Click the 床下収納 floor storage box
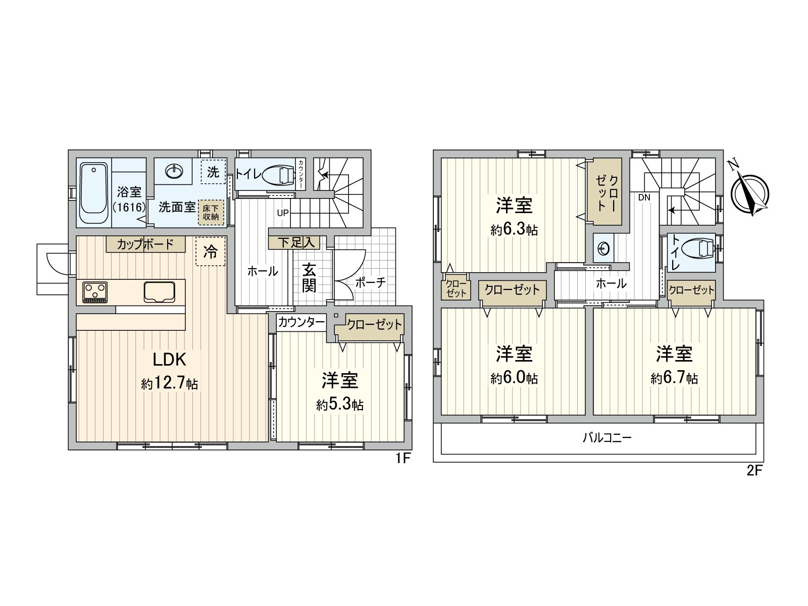211,212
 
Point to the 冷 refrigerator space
210,251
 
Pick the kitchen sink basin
160,291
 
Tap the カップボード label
145,244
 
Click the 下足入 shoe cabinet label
296,242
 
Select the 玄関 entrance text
309,278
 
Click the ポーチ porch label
370,282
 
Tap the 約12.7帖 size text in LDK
170,384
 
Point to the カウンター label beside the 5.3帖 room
301,322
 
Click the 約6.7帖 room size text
674,378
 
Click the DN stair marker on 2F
644,198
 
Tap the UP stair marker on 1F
283,213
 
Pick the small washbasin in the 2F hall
604,248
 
